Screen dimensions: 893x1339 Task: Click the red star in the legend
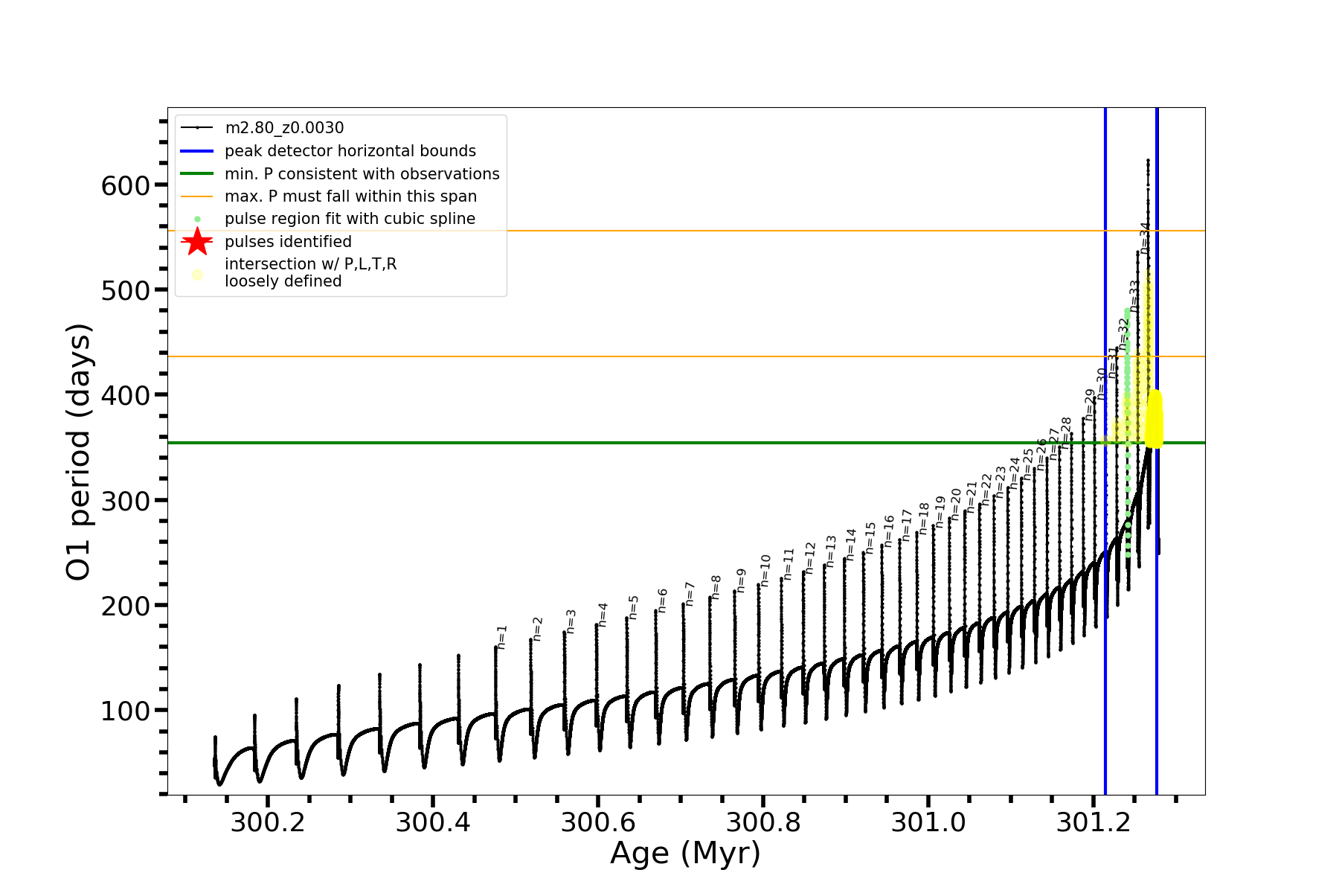point(197,241)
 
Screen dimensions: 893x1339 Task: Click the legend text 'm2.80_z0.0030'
point(284,128)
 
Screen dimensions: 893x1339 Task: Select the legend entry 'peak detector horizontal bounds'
point(350,151)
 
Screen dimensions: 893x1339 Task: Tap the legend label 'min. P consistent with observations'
point(362,174)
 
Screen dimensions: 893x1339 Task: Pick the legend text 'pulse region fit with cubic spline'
point(350,219)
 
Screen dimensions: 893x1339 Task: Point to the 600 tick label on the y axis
point(126,185)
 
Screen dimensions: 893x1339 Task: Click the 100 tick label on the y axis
point(126,711)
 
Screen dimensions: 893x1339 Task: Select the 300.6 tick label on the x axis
point(597,822)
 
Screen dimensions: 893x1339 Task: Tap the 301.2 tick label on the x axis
point(1093,822)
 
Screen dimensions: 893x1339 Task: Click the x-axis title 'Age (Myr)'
point(685,854)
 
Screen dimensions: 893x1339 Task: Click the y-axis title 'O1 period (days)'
point(78,452)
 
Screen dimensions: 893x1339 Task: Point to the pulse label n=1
point(502,637)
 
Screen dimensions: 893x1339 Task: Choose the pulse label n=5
point(634,607)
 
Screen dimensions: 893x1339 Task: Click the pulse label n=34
point(1146,237)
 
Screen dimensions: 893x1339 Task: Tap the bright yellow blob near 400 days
point(1155,420)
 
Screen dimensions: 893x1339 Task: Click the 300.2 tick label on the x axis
point(267,822)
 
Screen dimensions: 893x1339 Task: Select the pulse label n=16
point(889,531)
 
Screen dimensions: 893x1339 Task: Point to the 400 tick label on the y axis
point(126,396)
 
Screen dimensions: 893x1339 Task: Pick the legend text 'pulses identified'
point(288,242)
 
